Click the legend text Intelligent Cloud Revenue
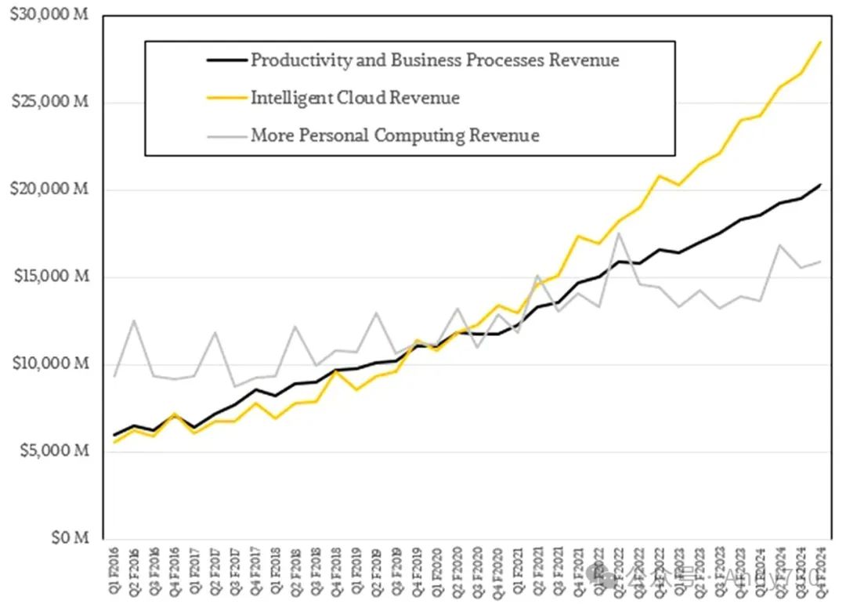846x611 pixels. point(355,98)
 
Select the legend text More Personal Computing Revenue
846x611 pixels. point(395,135)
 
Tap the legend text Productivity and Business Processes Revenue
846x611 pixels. point(435,60)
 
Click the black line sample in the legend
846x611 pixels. point(226,60)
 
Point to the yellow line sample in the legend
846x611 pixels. point(226,98)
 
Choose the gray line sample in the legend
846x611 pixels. point(226,135)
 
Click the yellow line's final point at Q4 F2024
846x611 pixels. point(820,42)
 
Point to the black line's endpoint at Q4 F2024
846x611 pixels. point(820,185)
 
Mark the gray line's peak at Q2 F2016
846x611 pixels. point(136,320)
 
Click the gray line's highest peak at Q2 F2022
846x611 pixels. point(619,233)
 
